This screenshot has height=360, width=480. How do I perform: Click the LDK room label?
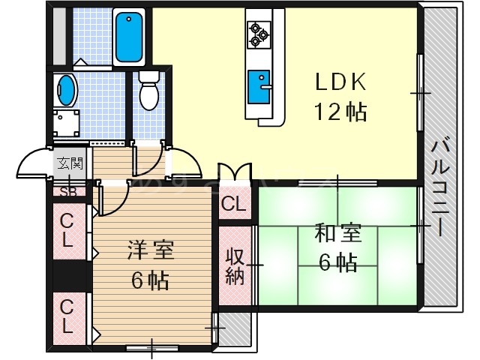pyautogui.click(x=338, y=82)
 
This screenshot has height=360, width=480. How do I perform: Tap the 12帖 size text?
pyautogui.click(x=338, y=112)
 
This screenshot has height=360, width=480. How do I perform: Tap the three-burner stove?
pyautogui.click(x=259, y=33)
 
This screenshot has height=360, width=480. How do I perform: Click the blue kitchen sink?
pyautogui.click(x=259, y=79)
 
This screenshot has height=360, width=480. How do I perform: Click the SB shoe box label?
pyautogui.click(x=67, y=190)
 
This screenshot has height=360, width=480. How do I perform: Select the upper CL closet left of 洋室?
pyautogui.click(x=67, y=231)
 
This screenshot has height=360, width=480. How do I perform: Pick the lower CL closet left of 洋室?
pyautogui.click(x=67, y=315)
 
